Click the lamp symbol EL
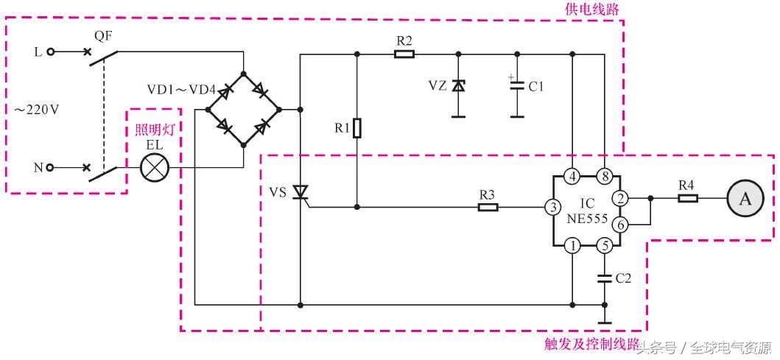(x=155, y=168)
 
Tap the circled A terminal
(x=745, y=198)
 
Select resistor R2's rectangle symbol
(x=404, y=54)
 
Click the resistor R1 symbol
(x=357, y=129)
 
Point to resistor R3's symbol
(x=488, y=208)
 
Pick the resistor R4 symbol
(x=686, y=198)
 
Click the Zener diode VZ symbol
(x=458, y=85)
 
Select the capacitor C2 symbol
(x=604, y=278)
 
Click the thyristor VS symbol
(x=301, y=193)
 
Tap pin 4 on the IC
(x=572, y=177)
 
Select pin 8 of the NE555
(x=604, y=177)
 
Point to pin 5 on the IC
(x=604, y=247)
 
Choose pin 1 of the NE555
(x=572, y=247)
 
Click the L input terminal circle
(x=50, y=52)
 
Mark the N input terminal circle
(x=50, y=168)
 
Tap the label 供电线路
(x=592, y=9)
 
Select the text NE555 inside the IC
(x=586, y=219)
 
